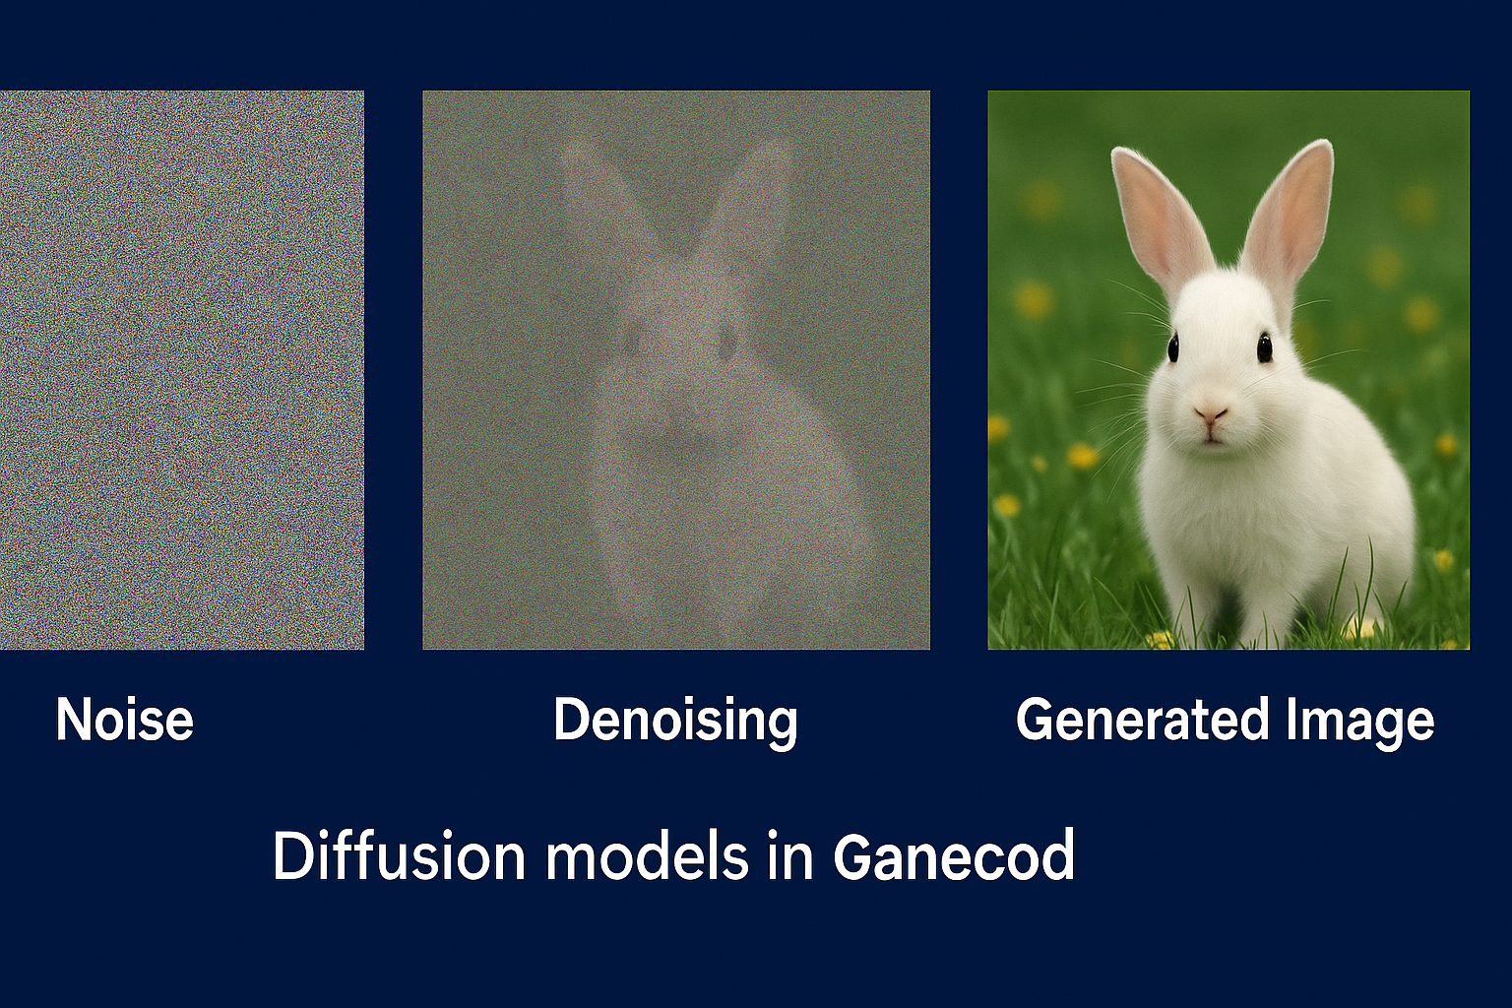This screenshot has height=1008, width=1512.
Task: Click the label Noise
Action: coord(125,720)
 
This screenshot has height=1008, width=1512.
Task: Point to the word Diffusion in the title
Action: coord(399,855)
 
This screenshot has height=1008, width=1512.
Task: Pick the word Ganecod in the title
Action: coord(954,856)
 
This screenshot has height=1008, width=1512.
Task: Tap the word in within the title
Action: coord(790,856)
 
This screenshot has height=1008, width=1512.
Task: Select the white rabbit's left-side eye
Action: coord(1172,347)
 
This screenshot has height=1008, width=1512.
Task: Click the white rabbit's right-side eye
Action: coord(1264,347)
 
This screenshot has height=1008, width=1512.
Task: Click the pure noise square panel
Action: coord(181,370)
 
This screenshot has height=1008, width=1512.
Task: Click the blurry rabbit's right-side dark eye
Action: coord(727,340)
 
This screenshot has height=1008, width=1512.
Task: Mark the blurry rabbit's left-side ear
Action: coord(611,203)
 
